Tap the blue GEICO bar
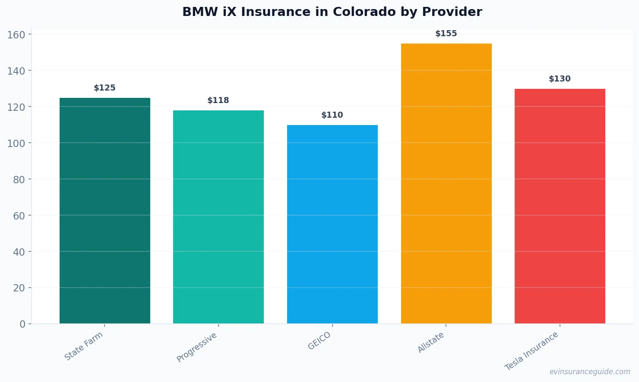click(332, 224)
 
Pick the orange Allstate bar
click(446, 183)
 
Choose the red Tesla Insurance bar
click(560, 206)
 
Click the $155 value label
click(446, 34)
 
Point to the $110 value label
click(332, 115)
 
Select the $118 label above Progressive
click(218, 100)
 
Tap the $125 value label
click(104, 88)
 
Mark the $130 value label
click(560, 79)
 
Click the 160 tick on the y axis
click(16, 34)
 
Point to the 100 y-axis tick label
click(16, 143)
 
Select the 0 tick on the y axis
click(22, 324)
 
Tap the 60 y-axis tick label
click(19, 216)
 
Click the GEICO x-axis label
click(319, 341)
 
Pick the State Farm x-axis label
click(84, 346)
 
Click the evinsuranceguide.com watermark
click(590, 372)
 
